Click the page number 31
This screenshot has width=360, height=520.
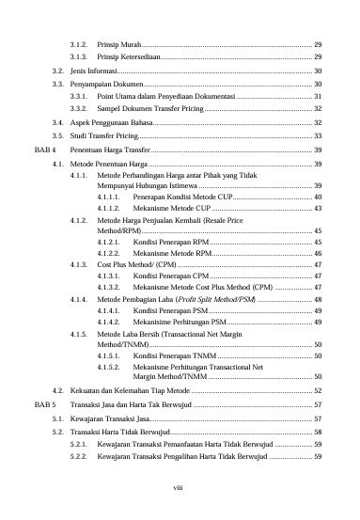click(318, 97)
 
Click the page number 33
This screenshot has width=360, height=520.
click(318, 136)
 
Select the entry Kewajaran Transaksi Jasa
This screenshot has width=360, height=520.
click(109, 416)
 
